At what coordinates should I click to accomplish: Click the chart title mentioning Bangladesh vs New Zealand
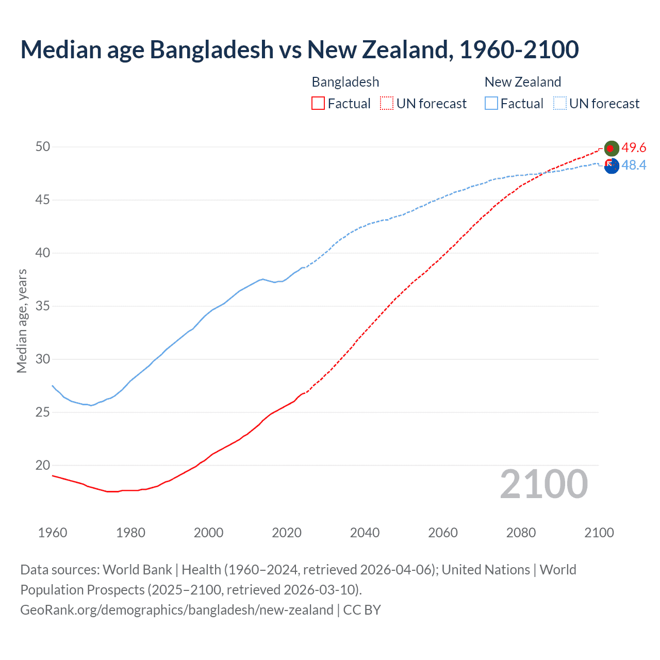(x=299, y=49)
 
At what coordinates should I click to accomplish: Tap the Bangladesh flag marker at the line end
(x=611, y=148)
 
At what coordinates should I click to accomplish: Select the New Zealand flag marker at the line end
(x=612, y=167)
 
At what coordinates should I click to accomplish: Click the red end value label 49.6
(x=634, y=148)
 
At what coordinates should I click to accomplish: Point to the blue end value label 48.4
(x=634, y=166)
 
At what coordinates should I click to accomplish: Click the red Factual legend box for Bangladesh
(x=318, y=104)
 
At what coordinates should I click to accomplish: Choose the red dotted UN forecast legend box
(x=387, y=104)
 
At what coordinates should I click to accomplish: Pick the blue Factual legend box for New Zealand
(x=491, y=104)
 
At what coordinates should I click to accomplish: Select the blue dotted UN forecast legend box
(x=559, y=104)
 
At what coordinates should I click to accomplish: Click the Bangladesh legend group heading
(x=345, y=82)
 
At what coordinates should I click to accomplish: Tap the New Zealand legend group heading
(x=522, y=82)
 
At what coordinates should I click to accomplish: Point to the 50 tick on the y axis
(x=43, y=147)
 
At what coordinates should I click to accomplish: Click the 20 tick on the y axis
(x=43, y=466)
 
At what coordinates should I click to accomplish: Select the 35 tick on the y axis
(x=43, y=306)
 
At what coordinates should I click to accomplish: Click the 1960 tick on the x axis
(x=53, y=533)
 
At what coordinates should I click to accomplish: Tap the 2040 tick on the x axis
(x=365, y=533)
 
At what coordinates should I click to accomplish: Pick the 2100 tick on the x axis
(x=599, y=533)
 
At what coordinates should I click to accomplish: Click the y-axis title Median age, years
(x=22, y=321)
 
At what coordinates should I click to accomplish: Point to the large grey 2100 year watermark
(x=543, y=484)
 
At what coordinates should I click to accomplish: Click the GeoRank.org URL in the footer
(x=177, y=610)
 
